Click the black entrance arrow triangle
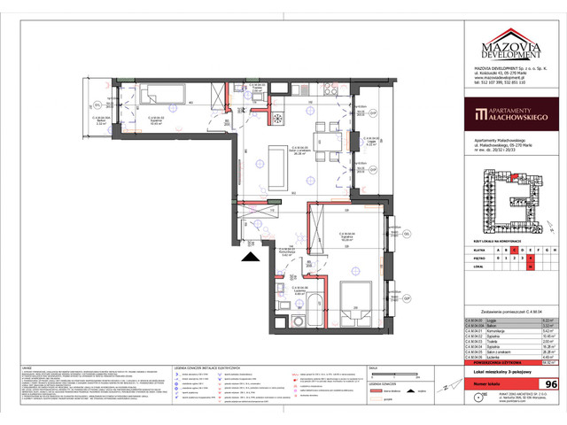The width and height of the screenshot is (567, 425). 251,257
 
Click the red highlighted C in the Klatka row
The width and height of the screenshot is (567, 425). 506,250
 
